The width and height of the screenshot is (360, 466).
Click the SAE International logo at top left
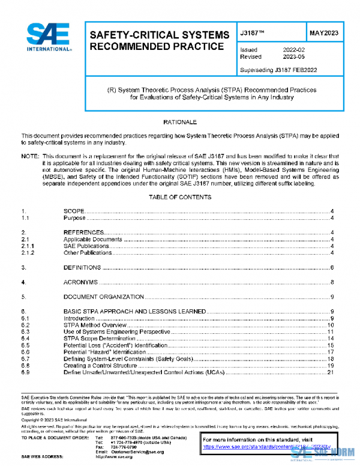tap(48, 38)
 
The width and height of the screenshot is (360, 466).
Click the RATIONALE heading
tap(179, 123)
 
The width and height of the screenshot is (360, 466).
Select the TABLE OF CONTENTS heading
tap(179, 197)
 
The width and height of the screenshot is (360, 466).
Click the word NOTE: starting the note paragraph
tap(31, 156)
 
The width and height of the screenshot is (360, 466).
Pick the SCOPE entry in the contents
tap(74, 211)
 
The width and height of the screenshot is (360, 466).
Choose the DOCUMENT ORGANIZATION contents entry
tap(100, 297)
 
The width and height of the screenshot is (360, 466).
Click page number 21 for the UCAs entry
tap(330, 372)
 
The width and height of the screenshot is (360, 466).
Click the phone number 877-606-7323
tap(124, 437)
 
